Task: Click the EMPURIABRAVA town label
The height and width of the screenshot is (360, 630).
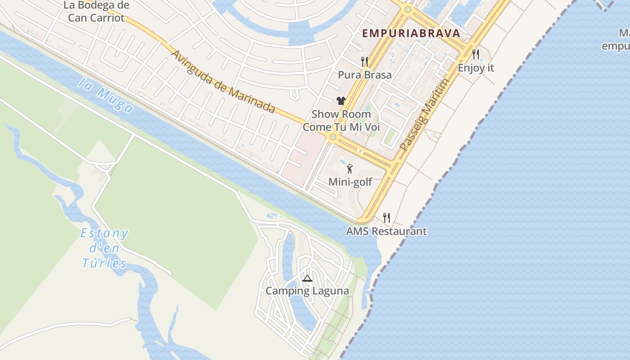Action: pyautogui.click(x=411, y=33)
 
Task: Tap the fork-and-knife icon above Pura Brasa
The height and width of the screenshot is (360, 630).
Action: pyautogui.click(x=364, y=62)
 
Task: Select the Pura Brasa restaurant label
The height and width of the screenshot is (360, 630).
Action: pyautogui.click(x=364, y=75)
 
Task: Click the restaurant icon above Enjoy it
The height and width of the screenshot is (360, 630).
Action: pyautogui.click(x=476, y=54)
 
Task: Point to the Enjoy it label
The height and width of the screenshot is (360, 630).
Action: pyautogui.click(x=476, y=68)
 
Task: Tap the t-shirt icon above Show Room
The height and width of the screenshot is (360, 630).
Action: pyautogui.click(x=341, y=101)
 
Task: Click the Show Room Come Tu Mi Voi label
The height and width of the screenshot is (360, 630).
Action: pyautogui.click(x=341, y=121)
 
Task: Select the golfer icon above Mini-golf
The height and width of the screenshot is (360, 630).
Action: pyautogui.click(x=350, y=169)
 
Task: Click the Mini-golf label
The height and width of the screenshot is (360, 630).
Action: pyautogui.click(x=350, y=182)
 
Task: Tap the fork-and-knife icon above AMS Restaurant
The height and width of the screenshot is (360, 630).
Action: pyautogui.click(x=386, y=218)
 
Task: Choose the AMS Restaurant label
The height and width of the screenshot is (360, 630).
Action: pyautogui.click(x=386, y=231)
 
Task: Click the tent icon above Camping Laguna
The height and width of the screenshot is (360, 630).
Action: pyautogui.click(x=307, y=278)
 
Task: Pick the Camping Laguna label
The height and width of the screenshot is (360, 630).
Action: pyautogui.click(x=307, y=291)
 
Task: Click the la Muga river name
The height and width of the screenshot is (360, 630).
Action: pyautogui.click(x=105, y=95)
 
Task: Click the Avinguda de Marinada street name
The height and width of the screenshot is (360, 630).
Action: pyautogui.click(x=223, y=81)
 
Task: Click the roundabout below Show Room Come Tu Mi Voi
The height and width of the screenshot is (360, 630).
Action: pyautogui.click(x=333, y=137)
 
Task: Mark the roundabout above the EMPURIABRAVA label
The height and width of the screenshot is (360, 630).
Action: pyautogui.click(x=408, y=9)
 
